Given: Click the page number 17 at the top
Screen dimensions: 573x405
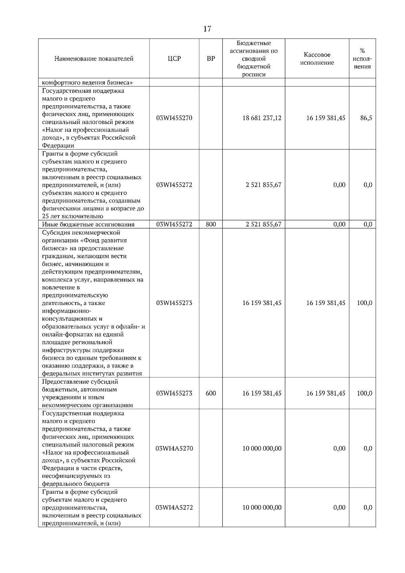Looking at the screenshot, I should [207, 29].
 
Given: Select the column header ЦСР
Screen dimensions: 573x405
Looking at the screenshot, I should [174, 59].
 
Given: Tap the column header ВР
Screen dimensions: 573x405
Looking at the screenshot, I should [211, 59].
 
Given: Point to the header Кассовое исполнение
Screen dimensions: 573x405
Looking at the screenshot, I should [317, 59].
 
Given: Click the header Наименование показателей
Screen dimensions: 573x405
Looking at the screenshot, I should [94, 59].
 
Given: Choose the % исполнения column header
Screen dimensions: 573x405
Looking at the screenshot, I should [362, 59].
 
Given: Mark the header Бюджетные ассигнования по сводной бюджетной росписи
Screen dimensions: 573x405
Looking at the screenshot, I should [254, 59].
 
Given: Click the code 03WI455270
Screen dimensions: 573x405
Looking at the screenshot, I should [174, 118].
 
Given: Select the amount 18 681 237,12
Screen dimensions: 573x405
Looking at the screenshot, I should [262, 118].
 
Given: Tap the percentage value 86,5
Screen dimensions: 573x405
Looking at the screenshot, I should [366, 118].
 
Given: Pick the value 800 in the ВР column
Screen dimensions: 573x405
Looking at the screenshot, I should [211, 224].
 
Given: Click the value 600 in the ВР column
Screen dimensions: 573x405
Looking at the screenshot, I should [211, 393].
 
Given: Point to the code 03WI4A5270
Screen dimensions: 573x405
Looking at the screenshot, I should [174, 448].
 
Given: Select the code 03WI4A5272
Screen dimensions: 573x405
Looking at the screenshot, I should [174, 508].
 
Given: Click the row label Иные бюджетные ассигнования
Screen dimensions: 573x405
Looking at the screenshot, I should [88, 224].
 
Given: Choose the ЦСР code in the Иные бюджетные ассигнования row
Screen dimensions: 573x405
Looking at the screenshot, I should [174, 224].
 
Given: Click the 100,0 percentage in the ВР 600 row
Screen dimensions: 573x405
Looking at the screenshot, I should [364, 393].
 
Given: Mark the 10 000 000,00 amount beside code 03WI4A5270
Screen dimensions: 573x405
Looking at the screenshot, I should [262, 448].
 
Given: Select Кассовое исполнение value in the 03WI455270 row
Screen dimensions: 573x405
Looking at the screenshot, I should [326, 118].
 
